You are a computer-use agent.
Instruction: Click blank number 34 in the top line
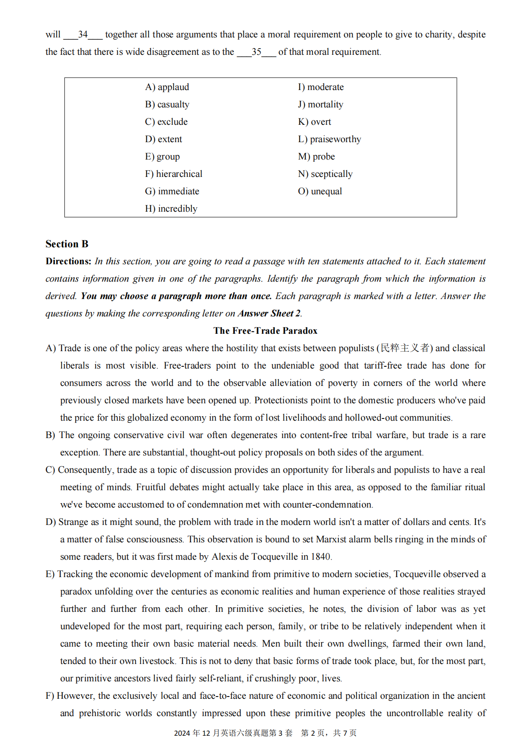tap(83, 35)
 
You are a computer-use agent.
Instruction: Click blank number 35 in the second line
tap(257, 52)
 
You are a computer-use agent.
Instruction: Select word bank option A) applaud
tap(167, 87)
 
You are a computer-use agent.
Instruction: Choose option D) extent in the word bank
tap(163, 139)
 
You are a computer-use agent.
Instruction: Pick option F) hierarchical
tap(174, 174)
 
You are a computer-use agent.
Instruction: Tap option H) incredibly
tap(171, 209)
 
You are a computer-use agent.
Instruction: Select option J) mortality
tap(320, 105)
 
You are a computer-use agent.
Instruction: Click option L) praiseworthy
tap(329, 139)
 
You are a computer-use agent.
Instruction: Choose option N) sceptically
tap(325, 174)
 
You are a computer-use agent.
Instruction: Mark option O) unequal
tap(320, 192)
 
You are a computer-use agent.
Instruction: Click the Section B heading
tap(67, 244)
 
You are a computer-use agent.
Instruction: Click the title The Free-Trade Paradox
tap(265, 331)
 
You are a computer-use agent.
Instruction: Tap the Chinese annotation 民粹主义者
tap(405, 348)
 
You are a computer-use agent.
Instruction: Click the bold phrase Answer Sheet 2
tap(269, 314)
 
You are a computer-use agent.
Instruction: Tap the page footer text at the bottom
tap(265, 733)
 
